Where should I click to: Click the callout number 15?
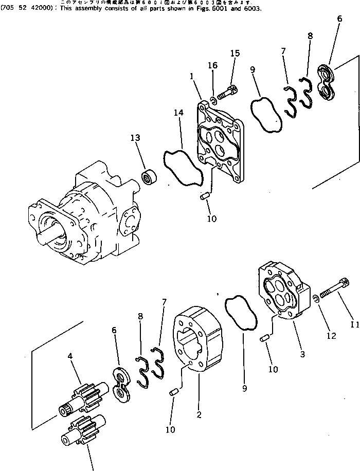pos(235,53)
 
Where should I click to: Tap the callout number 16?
pos(212,65)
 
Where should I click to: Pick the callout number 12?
pos(331,336)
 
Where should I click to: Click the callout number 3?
pos(302,354)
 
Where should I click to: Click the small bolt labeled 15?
pos(227,93)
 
